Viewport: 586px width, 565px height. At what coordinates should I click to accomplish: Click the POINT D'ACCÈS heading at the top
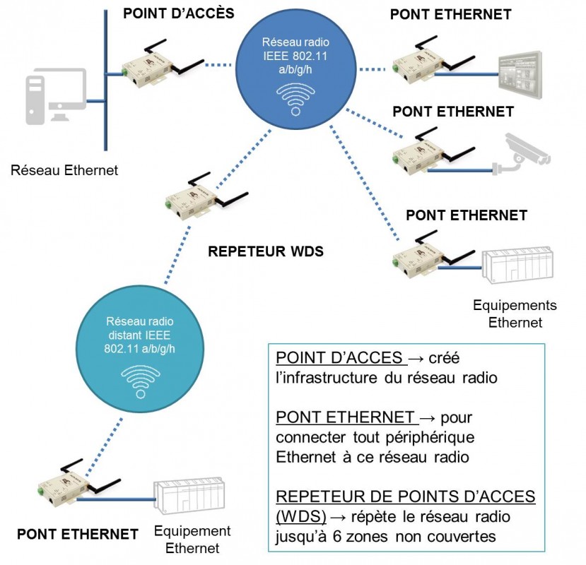click(x=178, y=14)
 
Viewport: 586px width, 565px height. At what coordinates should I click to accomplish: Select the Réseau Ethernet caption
click(x=64, y=170)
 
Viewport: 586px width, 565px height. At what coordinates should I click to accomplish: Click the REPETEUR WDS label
click(x=266, y=251)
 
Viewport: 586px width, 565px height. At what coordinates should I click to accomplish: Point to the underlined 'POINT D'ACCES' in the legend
click(x=339, y=358)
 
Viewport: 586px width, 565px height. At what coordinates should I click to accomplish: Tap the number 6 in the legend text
click(x=337, y=536)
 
